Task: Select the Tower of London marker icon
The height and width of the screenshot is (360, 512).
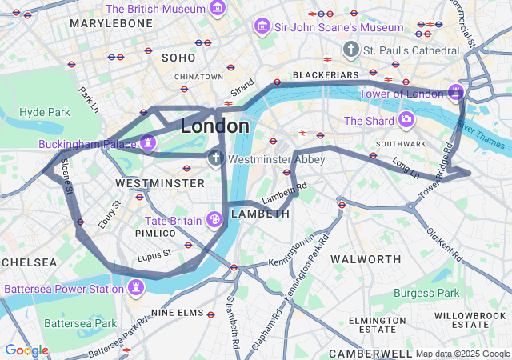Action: (x=456, y=93)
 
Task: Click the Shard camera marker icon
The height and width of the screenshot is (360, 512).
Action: (x=406, y=121)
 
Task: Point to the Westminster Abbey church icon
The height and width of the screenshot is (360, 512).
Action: (x=215, y=159)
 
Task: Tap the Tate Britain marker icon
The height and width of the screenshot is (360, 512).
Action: (x=214, y=219)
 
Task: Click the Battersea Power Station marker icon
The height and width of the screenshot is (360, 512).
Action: (x=137, y=286)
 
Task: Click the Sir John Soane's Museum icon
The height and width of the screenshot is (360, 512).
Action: (x=261, y=27)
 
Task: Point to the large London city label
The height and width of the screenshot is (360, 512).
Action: (x=214, y=126)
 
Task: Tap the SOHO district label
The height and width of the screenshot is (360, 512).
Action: (x=178, y=58)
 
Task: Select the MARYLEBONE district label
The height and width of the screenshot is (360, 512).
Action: (x=111, y=24)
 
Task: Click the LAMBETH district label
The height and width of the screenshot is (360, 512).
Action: (x=260, y=214)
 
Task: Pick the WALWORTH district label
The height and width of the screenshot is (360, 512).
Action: (x=366, y=259)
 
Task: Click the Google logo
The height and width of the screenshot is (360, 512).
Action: (x=26, y=350)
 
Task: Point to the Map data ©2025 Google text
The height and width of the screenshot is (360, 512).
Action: (x=462, y=354)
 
